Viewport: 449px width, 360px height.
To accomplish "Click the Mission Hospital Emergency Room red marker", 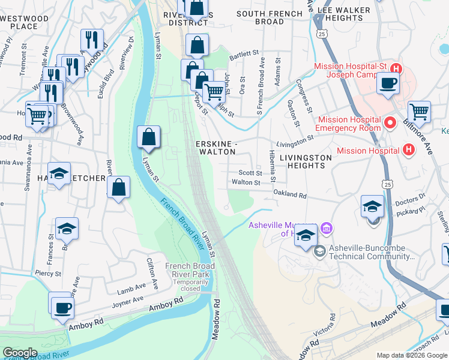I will (390, 124).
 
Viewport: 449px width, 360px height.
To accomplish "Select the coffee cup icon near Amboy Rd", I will (61, 307).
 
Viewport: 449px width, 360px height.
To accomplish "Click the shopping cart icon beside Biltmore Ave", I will (419, 112).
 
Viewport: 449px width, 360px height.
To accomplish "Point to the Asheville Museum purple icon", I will (327, 228).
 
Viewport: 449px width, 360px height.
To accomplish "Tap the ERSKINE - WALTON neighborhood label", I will (217, 148).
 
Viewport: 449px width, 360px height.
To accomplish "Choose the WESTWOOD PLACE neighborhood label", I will (24, 22).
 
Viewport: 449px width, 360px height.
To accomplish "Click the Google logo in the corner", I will (20, 353).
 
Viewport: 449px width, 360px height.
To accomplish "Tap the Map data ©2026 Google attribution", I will (412, 355).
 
